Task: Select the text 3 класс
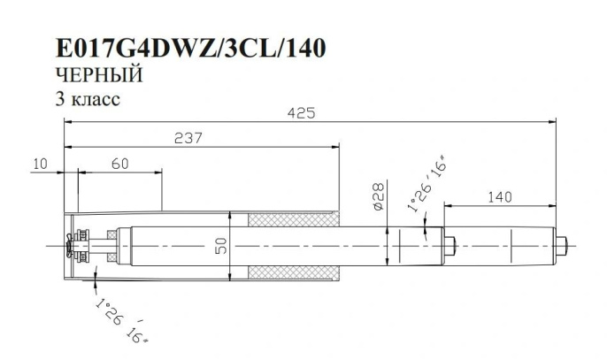click(x=87, y=98)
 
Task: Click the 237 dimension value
click(x=188, y=139)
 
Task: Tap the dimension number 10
click(x=39, y=163)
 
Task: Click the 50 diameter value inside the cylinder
click(x=221, y=247)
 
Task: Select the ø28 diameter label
click(x=377, y=196)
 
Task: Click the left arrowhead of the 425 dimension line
click(x=65, y=124)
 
